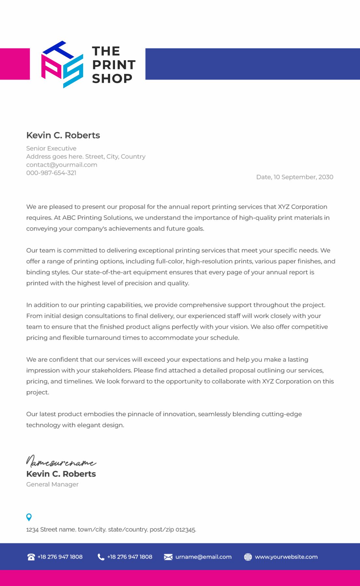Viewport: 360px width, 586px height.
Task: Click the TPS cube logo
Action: (x=62, y=64)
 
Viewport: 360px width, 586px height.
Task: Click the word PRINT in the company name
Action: (x=114, y=65)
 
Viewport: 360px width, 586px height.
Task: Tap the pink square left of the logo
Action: (x=15, y=64)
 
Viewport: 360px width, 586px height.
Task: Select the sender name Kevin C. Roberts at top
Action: (x=63, y=135)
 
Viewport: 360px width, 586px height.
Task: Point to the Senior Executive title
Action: (x=51, y=148)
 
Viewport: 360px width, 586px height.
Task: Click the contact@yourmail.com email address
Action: (x=62, y=165)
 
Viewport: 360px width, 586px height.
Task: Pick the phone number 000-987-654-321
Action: (x=51, y=173)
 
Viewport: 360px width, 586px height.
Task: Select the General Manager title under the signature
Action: (x=52, y=484)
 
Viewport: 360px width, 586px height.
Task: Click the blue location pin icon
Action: (x=29, y=517)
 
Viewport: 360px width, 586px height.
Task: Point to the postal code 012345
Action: (x=186, y=530)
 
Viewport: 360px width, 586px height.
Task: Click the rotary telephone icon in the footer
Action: (x=31, y=557)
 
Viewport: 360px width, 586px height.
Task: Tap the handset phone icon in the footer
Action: (x=101, y=557)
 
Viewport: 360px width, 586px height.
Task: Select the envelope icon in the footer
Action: (x=168, y=557)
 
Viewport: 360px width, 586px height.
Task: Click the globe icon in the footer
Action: (x=248, y=557)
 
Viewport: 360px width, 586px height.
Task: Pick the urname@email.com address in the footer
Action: (x=203, y=557)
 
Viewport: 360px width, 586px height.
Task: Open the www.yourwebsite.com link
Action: (x=286, y=557)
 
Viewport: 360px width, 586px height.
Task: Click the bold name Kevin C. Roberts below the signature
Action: (x=61, y=474)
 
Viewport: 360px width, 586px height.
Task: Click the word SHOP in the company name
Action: (x=112, y=79)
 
